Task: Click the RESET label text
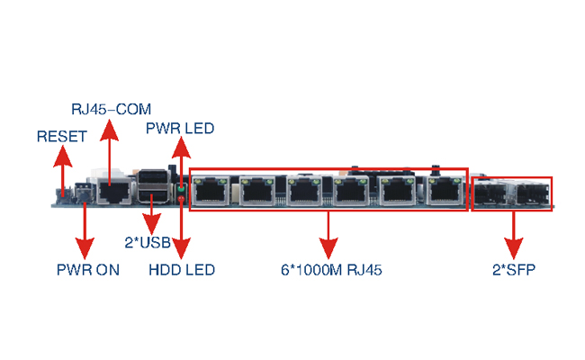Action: coord(62,137)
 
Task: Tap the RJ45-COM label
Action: coord(112,109)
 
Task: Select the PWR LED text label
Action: coord(180,129)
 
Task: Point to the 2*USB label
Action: coord(148,242)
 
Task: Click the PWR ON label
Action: coord(88,270)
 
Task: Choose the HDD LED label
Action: coord(182,270)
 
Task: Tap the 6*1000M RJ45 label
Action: coord(331,270)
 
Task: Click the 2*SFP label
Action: coord(514,270)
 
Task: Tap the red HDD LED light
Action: coord(181,199)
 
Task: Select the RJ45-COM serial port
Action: coord(114,191)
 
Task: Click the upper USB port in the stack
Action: coord(153,176)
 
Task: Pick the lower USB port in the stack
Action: coord(153,194)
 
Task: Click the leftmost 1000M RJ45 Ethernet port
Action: coord(211,191)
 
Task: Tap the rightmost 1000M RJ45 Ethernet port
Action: coord(445,191)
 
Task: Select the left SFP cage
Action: coord(490,193)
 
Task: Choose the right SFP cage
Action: coord(533,193)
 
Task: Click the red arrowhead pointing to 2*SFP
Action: coord(514,248)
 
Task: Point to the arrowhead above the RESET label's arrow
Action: coord(63,156)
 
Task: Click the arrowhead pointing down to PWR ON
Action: coord(85,248)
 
